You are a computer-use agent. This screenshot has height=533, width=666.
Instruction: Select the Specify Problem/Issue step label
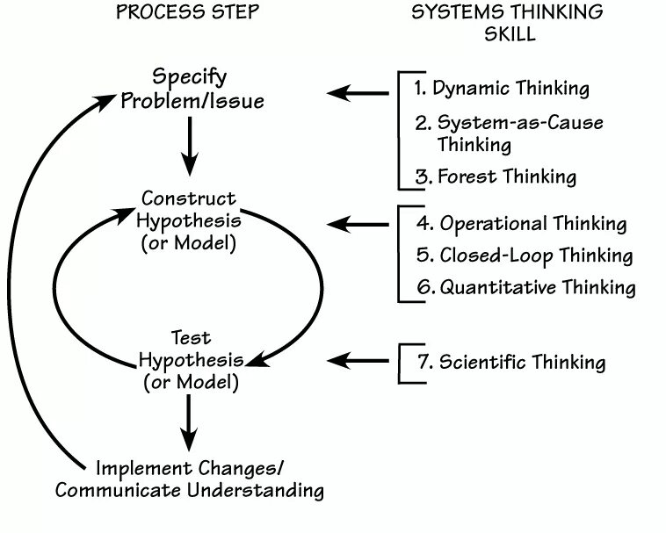[192, 90]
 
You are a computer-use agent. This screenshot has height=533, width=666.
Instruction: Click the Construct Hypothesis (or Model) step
[189, 220]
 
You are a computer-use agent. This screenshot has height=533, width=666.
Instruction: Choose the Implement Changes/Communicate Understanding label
[190, 477]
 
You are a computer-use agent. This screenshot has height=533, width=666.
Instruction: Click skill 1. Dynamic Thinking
[502, 89]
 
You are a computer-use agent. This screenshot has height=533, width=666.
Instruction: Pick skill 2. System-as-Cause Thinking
[509, 133]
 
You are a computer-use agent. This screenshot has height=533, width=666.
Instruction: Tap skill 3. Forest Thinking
[496, 176]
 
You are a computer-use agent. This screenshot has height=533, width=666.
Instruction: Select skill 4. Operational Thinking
[522, 223]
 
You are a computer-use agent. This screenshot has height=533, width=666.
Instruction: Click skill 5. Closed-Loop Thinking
[525, 255]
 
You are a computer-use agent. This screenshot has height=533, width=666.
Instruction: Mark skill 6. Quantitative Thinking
[526, 286]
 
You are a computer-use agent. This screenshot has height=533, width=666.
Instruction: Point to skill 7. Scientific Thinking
[510, 361]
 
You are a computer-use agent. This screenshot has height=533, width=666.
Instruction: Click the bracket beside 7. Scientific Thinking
[404, 362]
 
